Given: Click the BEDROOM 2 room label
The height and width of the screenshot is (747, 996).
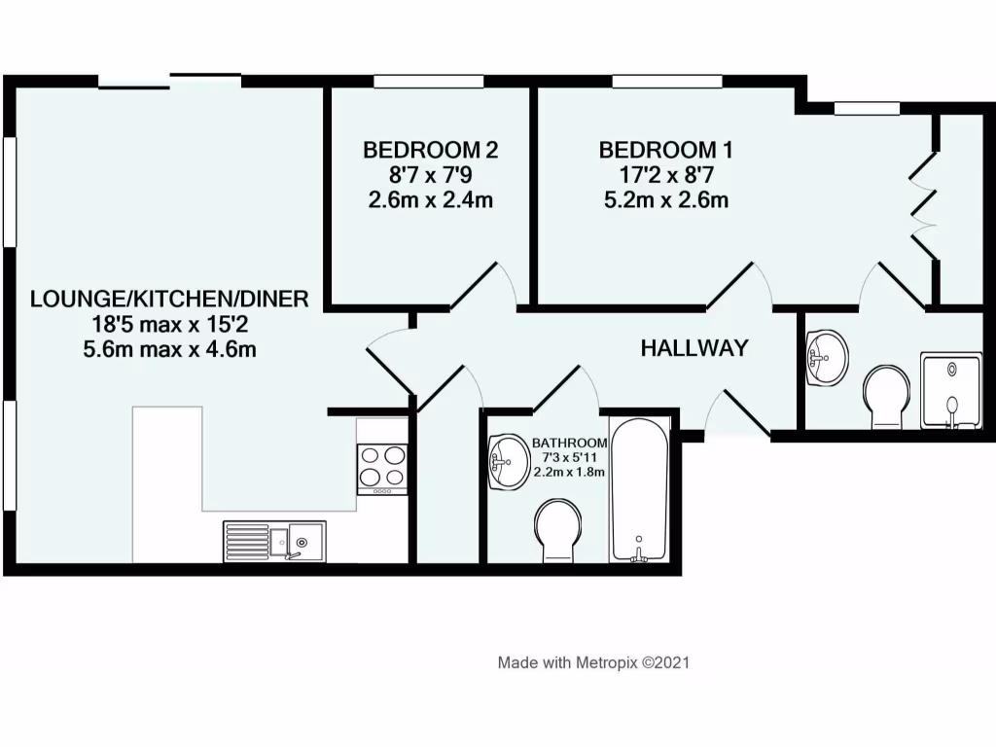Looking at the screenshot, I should tap(431, 150).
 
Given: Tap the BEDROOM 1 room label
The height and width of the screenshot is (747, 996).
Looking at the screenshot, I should tap(665, 150).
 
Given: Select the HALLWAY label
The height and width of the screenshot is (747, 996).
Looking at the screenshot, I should tap(694, 347).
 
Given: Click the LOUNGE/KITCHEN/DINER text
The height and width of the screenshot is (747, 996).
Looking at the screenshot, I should tap(169, 299).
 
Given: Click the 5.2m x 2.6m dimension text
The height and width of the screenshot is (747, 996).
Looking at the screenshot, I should tap(665, 200).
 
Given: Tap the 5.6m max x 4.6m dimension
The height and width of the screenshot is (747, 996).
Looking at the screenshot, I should tap(169, 349).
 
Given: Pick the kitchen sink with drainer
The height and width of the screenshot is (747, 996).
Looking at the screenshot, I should tap(276, 540).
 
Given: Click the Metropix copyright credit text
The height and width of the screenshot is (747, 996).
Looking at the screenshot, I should tap(593, 662).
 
